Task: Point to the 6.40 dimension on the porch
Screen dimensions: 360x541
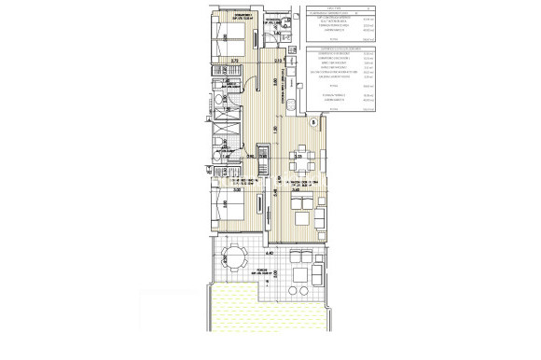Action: pos(269,253)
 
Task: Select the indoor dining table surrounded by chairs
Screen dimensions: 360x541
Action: pos(299,156)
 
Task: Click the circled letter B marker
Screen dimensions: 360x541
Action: pos(313,120)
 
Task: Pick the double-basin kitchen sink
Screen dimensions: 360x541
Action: pos(289,104)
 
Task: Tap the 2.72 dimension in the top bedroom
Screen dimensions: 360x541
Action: pos(236,60)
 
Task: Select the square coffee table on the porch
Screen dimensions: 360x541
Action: pos(300,276)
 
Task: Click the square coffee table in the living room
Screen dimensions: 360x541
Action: pos(300,219)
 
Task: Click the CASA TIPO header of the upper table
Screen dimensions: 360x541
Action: pos(319,7)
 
